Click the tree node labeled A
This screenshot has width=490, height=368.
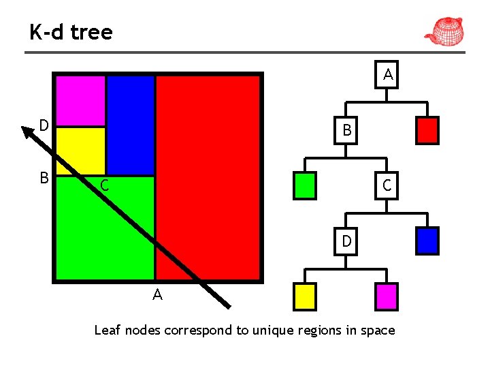388,74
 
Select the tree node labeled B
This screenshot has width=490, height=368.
346,129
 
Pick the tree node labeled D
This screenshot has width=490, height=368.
346,241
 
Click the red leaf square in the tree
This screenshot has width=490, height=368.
427,130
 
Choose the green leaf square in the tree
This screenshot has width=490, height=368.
304,185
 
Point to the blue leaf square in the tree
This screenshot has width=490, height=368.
427,241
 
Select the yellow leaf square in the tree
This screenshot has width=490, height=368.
304,296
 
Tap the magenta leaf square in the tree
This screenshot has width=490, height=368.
386,296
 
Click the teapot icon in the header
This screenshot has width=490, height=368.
444,31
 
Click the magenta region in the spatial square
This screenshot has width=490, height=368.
80,100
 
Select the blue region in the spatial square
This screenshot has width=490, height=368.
131,125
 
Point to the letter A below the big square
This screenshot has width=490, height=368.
157,295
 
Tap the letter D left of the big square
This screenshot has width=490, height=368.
44,125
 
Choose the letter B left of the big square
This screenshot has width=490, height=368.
44,178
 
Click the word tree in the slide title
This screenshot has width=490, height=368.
90,31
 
